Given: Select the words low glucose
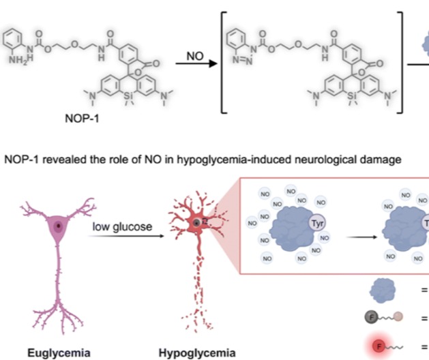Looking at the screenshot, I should tap(123, 226).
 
